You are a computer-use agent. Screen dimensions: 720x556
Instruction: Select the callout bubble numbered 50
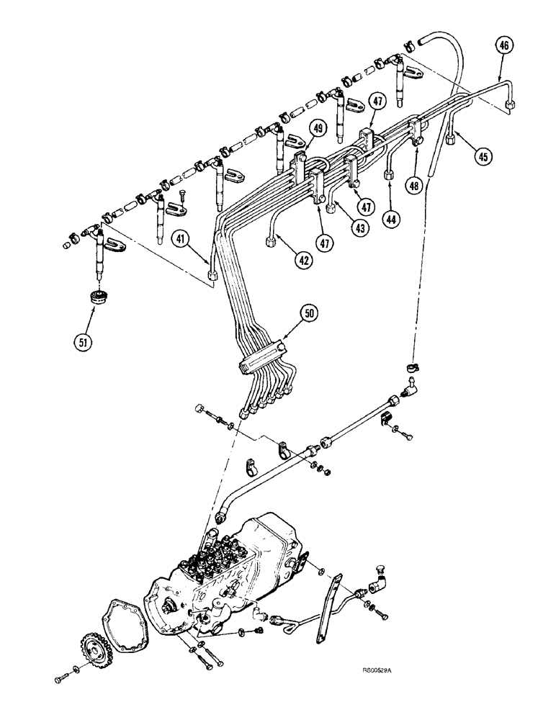pyautogui.click(x=309, y=312)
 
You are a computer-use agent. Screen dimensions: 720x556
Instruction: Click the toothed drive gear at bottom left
pyautogui.click(x=91, y=649)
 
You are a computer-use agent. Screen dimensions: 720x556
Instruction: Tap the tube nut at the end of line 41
pyautogui.click(x=214, y=275)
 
